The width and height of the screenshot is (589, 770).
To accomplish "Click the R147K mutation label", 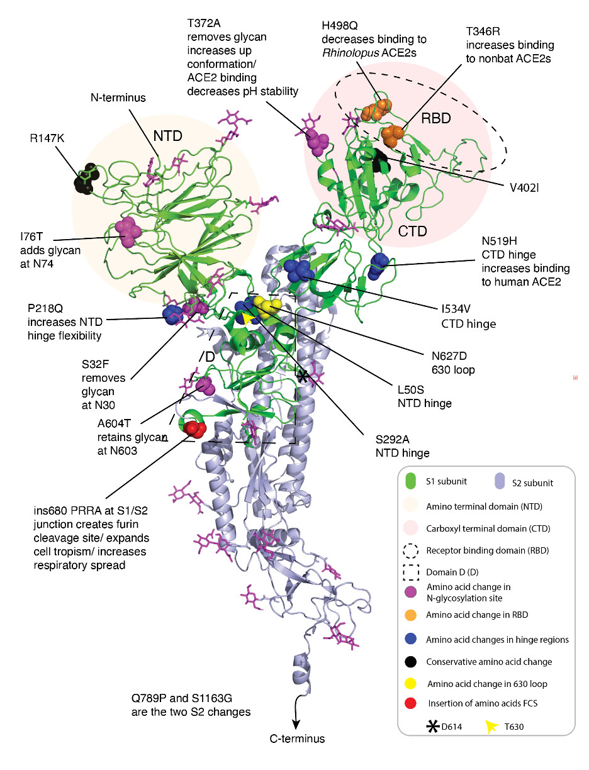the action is pos(47,138).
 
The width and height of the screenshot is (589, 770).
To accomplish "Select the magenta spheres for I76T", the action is pos(128,232).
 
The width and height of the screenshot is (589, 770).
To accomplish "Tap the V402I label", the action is pos(524,188).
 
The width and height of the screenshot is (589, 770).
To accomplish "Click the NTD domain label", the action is pos(167,136).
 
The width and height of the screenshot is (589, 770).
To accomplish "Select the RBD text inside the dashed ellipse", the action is pos(435,118).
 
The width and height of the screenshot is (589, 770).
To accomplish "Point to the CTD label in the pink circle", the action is pos(412,231).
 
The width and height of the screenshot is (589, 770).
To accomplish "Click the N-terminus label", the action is pos(118,98).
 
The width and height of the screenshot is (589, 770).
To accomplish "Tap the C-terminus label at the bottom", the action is pos(297,739).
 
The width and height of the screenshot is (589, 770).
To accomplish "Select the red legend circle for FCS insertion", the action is pos(410,703).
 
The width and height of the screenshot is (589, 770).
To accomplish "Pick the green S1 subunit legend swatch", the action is pos(410,481).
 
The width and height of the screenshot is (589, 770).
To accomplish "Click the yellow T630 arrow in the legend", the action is pos(491,726).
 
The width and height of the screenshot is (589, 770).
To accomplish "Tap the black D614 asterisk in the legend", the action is pos(432,726).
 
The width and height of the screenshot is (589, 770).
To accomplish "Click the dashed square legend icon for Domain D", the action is pos(410,572).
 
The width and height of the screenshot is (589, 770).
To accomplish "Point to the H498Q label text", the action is pos(340,26).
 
